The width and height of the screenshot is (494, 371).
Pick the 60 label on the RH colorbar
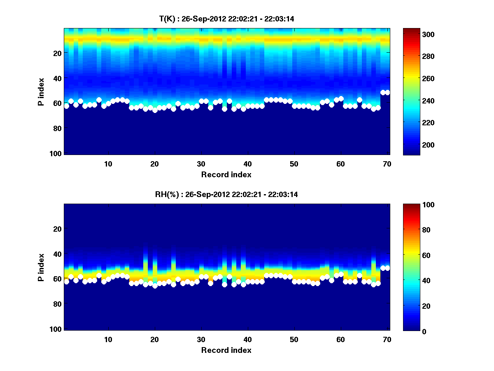(x=412, y=256)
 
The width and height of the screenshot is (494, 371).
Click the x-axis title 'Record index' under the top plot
(x=226, y=174)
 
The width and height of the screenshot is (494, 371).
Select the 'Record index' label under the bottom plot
(x=226, y=350)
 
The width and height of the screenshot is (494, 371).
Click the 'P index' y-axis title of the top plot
(x=41, y=92)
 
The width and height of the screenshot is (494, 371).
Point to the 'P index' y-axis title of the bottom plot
(x=41, y=267)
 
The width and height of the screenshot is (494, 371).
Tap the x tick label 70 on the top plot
(x=387, y=164)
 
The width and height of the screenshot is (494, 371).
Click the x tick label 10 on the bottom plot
(x=108, y=339)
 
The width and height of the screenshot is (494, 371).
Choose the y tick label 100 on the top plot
(x=56, y=153)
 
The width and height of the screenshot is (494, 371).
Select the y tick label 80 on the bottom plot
(x=57, y=304)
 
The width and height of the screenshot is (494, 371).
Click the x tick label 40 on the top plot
(x=247, y=164)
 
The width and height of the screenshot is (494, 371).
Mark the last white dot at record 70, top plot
(x=387, y=92)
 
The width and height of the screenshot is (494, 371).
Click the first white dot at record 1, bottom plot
(x=67, y=282)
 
